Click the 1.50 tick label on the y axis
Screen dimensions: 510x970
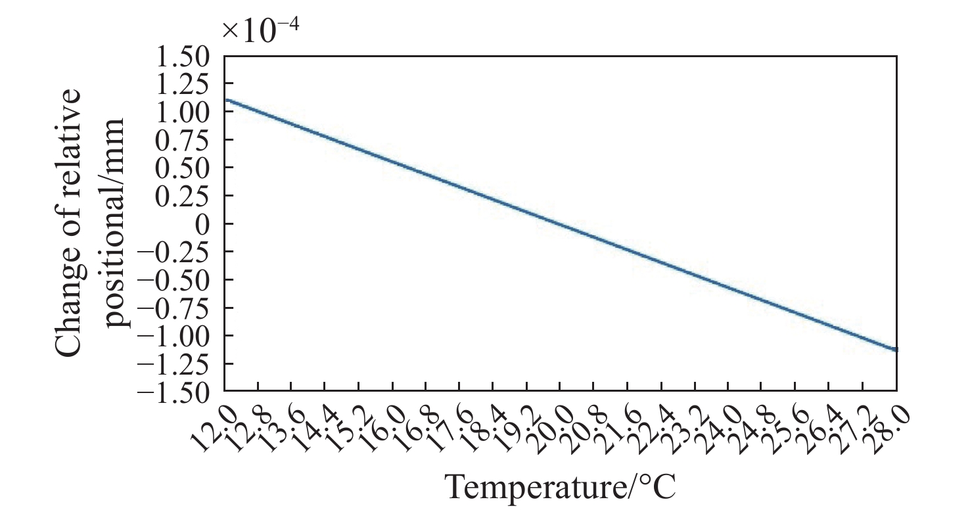click(x=183, y=57)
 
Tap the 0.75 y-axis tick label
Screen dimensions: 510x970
click(x=183, y=141)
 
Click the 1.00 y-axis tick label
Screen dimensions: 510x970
click(x=183, y=112)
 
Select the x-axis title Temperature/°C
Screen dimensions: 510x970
click(x=560, y=486)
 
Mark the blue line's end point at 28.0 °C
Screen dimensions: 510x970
click(x=896, y=350)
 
